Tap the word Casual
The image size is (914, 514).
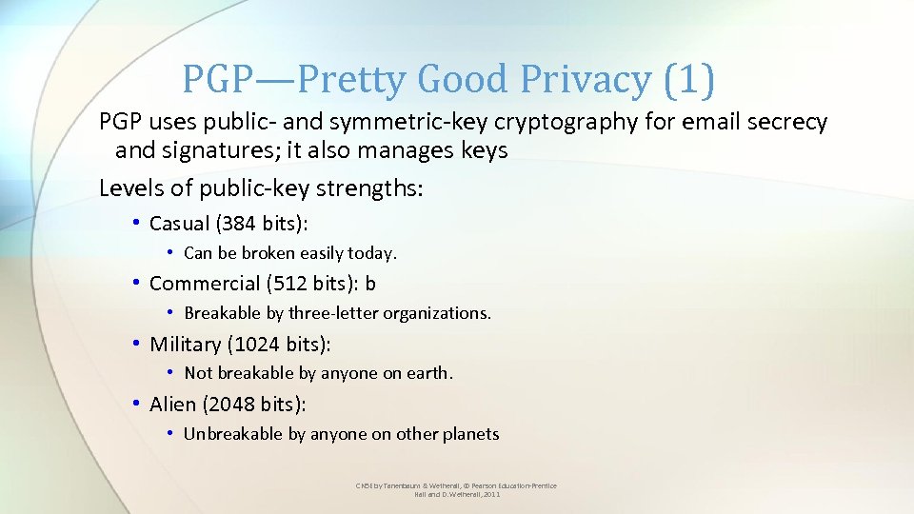(179, 224)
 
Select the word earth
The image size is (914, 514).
(428, 373)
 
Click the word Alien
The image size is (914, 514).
(172, 404)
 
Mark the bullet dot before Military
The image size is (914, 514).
(137, 344)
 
